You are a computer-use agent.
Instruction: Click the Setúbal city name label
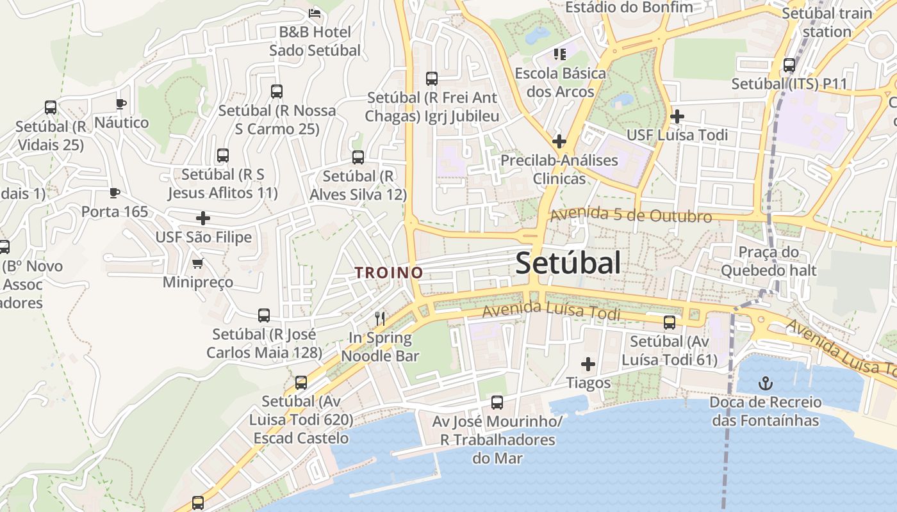[568, 263]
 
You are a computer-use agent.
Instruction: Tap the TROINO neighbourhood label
[389, 273]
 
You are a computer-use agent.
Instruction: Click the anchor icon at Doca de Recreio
[764, 383]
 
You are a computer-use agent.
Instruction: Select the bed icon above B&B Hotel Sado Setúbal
[314, 12]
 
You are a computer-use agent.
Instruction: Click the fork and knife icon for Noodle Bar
[380, 318]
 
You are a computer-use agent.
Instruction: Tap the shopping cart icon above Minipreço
[198, 263]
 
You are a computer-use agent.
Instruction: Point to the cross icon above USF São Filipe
[203, 218]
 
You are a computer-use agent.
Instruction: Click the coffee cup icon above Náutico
[121, 104]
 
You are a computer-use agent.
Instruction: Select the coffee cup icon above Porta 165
[115, 193]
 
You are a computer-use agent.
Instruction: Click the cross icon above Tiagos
[588, 364]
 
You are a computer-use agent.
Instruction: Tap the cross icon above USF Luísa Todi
[677, 116]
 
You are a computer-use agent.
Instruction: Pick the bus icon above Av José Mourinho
[497, 403]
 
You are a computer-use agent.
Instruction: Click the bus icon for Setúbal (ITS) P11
[789, 65]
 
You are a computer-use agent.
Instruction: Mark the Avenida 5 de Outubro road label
[630, 215]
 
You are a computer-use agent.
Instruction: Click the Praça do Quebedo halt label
[769, 261]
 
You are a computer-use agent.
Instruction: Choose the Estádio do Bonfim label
[630, 8]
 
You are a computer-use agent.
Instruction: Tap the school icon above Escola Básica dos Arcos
[560, 54]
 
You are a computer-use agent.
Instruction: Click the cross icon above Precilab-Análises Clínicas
[559, 141]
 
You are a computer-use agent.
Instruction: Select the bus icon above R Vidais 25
[51, 108]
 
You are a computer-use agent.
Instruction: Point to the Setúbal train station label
[827, 22]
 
